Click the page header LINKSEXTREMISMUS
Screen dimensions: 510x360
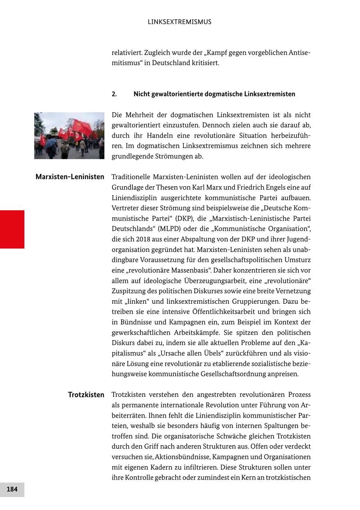point(180,22)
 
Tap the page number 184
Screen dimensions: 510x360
point(12,489)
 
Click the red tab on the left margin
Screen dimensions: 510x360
point(12,229)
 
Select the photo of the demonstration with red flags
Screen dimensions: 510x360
point(69,135)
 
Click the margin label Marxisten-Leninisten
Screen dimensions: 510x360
point(70,177)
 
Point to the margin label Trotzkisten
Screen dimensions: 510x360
point(86,395)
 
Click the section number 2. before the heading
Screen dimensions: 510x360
point(114,94)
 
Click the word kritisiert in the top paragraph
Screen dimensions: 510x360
point(205,63)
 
